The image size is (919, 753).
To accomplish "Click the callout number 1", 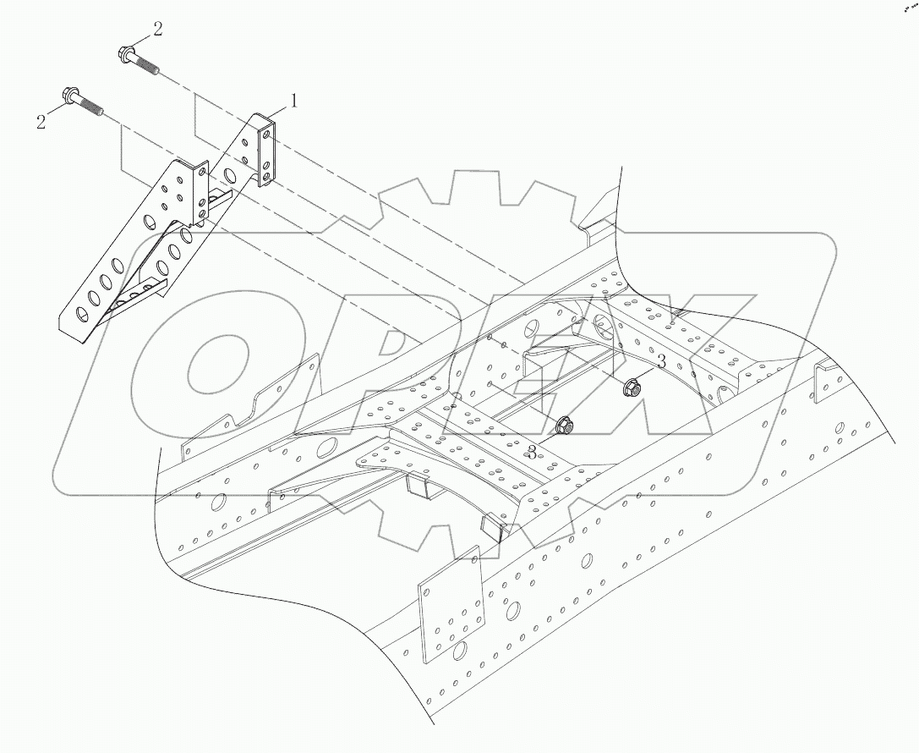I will (294, 101).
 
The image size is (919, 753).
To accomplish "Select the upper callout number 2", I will (158, 30).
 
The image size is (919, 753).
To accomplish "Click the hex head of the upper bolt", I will (124, 55).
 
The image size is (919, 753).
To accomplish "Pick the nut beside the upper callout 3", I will (631, 389).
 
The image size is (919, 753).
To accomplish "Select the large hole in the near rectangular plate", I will (459, 651).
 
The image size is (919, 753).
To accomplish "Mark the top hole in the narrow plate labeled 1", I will (266, 132).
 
